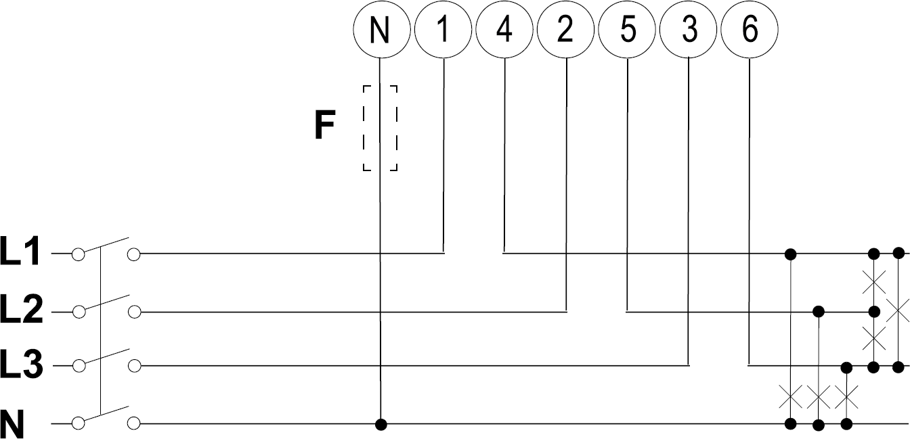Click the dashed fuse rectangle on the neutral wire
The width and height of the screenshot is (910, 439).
(380, 129)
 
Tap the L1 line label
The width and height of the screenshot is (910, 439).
(21, 254)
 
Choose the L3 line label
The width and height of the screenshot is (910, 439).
(21, 366)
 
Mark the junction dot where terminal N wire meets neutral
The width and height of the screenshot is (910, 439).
(381, 424)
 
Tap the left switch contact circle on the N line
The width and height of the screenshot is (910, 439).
(78, 424)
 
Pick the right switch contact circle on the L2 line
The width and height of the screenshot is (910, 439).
(134, 312)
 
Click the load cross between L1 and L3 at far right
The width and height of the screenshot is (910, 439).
(898, 311)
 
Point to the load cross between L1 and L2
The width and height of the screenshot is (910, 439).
(873, 282)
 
